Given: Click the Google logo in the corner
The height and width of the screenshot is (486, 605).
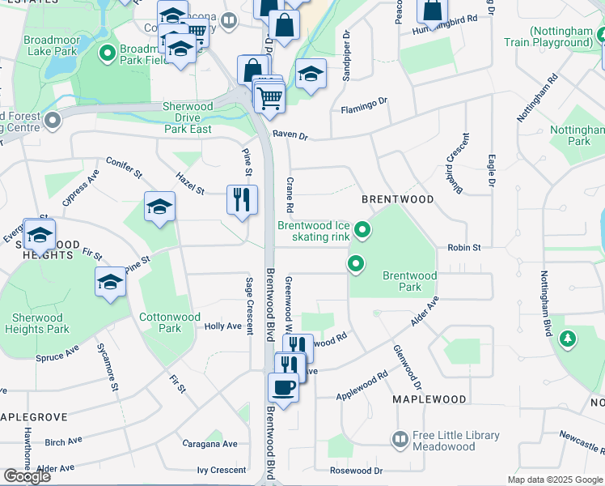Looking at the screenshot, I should (27, 476).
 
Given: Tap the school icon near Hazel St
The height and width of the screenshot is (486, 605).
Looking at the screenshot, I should (160, 207).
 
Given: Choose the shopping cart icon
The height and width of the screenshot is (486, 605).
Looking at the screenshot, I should (269, 97).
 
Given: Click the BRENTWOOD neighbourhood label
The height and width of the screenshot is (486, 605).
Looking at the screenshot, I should (397, 198).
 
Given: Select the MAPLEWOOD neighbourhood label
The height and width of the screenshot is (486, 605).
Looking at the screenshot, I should (429, 399).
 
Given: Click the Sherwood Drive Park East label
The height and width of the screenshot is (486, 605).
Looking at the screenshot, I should (188, 117).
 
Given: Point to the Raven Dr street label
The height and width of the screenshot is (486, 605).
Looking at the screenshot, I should (290, 136).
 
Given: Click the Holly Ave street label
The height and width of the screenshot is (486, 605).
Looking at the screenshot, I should (223, 326).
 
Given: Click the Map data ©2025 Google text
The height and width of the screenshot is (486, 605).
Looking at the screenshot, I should (554, 480).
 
